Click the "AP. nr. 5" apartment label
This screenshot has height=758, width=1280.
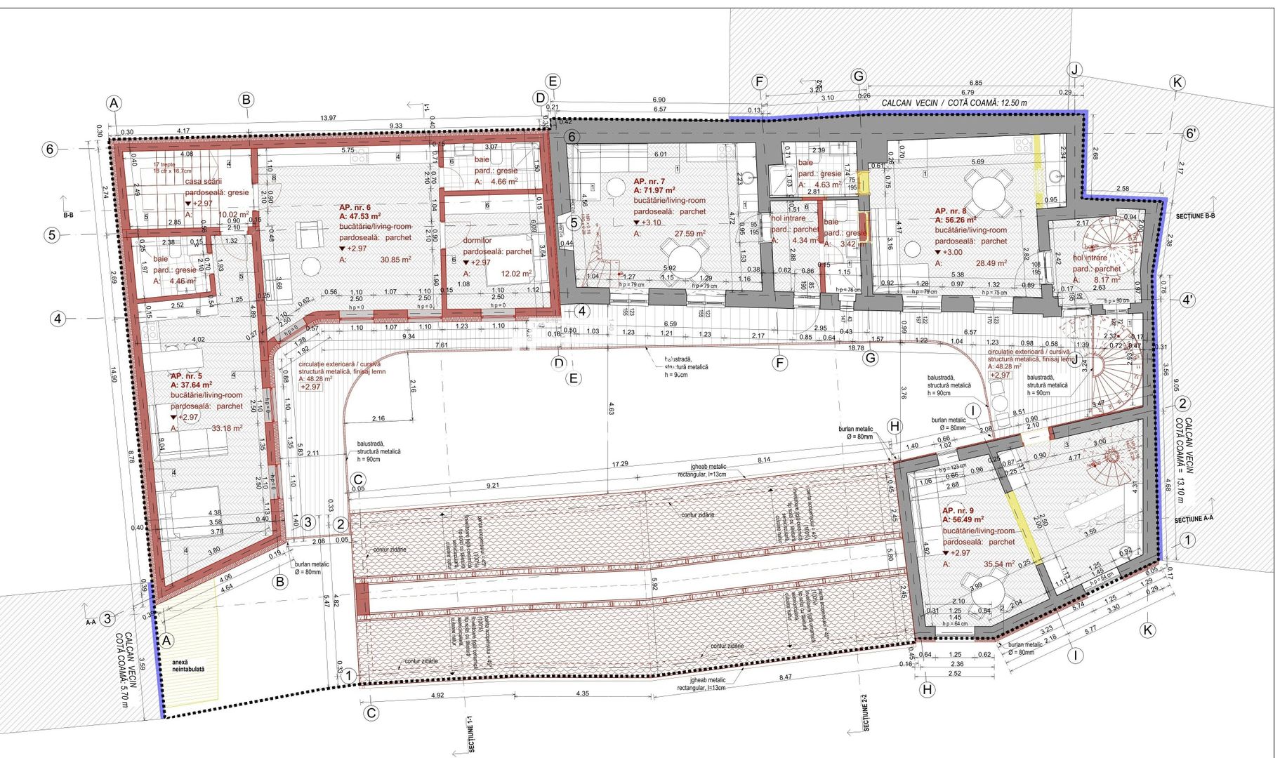coord(186,376)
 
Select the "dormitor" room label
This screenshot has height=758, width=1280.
coord(477,241)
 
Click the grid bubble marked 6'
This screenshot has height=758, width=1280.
coord(1191,133)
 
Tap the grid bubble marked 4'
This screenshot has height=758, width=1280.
coord(1187,300)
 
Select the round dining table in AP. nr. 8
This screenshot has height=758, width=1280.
coord(987,192)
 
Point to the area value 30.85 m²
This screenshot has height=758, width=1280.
coord(395,260)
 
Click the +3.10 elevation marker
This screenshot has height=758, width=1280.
coord(650,222)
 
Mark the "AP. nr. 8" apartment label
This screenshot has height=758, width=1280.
coord(950,211)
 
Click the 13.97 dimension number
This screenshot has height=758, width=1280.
coord(328,118)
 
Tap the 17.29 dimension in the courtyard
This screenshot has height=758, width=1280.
coord(620,464)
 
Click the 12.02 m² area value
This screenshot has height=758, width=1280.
coord(515,274)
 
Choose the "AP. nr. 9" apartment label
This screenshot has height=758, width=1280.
coord(958,510)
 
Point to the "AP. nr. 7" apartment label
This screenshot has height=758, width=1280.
coord(649,181)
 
